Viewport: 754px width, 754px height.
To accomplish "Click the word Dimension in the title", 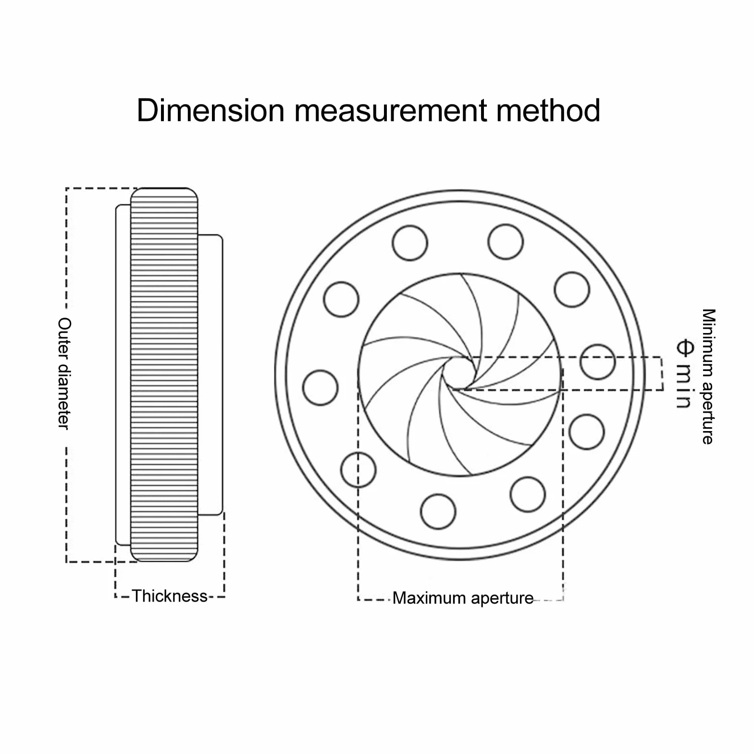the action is click(210, 110).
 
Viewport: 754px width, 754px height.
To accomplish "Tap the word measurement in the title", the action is click(391, 111).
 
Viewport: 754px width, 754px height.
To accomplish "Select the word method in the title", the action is click(548, 110).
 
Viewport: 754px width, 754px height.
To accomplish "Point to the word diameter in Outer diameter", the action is click(64, 394).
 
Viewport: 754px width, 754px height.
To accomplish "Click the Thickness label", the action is click(170, 596).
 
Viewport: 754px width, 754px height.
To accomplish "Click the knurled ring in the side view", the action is click(164, 375).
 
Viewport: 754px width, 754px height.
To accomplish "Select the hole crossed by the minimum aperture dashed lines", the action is click(597, 362).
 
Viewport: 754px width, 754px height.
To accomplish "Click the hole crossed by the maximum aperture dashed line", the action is click(358, 469).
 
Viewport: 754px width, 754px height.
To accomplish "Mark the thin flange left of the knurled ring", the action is click(123, 375).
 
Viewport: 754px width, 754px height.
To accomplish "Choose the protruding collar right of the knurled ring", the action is click(210, 375).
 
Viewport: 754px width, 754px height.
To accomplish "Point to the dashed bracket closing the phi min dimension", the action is click(662, 374).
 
